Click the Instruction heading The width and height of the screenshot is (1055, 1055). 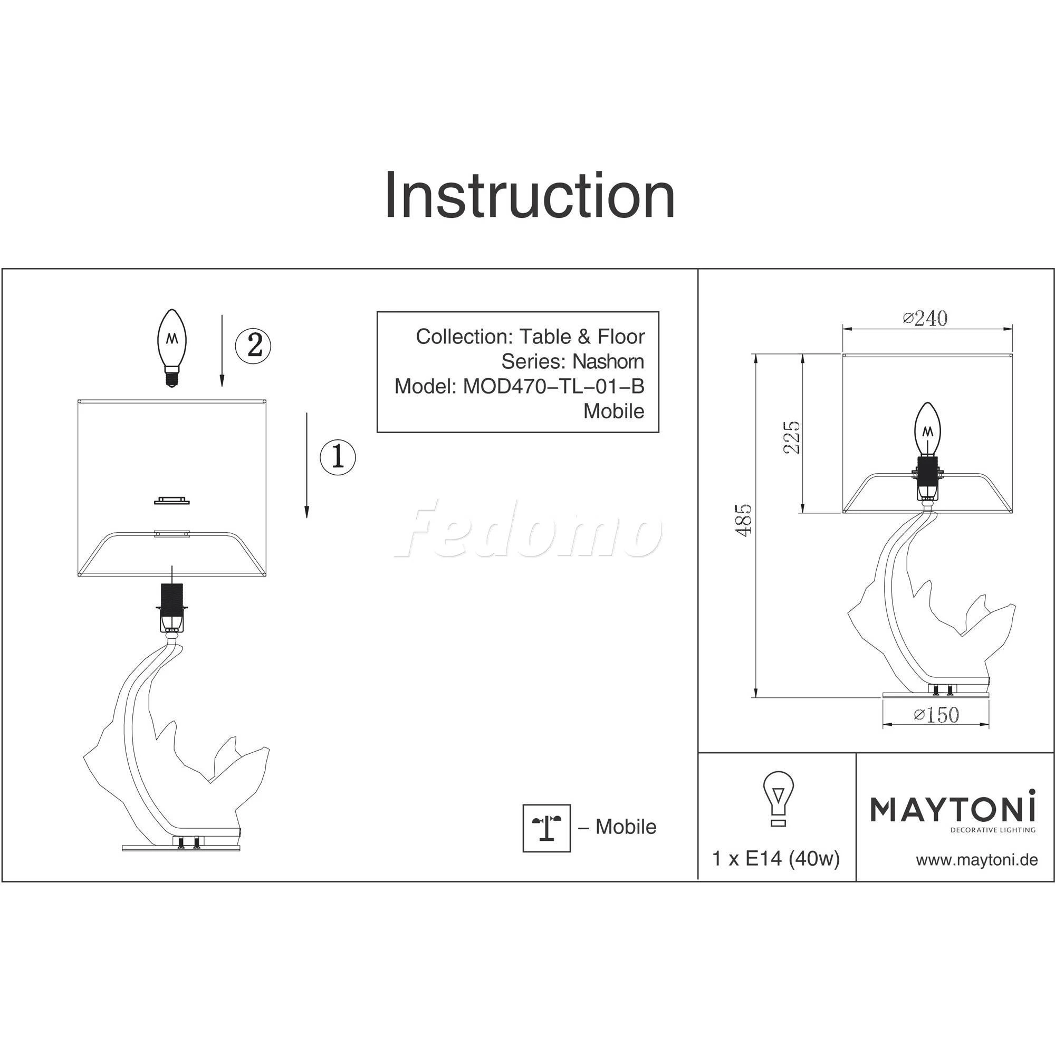[530, 196]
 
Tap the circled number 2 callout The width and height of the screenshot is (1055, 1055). [253, 345]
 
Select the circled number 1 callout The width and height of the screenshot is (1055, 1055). [338, 456]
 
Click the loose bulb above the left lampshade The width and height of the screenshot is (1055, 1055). [172, 347]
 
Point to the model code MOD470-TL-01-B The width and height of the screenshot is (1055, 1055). [554, 386]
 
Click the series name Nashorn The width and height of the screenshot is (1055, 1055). [608, 361]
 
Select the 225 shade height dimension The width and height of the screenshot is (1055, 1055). [791, 437]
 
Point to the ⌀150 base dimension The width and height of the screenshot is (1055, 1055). [936, 715]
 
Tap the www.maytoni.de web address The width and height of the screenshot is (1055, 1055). [977, 860]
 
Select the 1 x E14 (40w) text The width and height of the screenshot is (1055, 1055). [776, 859]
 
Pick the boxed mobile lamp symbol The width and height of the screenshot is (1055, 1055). [546, 828]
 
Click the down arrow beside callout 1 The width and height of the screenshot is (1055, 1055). [307, 465]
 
